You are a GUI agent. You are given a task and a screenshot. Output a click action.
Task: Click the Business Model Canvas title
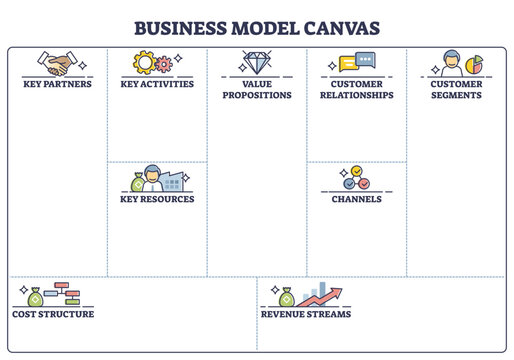pyautogui.click(x=257, y=26)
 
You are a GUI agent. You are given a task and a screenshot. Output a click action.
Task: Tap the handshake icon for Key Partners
pyautogui.click(x=56, y=64)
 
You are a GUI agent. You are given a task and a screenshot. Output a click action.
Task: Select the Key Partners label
pyautogui.click(x=57, y=84)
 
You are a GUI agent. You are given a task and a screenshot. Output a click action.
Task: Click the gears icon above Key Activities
pyautogui.click(x=156, y=64)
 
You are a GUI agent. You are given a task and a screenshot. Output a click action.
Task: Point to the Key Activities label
pyautogui.click(x=157, y=84)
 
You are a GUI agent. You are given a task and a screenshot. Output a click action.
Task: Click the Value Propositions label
pyautogui.click(x=257, y=90)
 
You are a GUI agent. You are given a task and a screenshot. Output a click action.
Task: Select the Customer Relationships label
pyautogui.click(x=357, y=90)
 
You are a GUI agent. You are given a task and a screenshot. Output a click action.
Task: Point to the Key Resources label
pyautogui.click(x=157, y=199)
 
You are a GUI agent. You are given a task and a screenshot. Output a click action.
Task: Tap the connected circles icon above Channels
pyautogui.click(x=356, y=179)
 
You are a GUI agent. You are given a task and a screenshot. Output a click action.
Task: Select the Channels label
pyautogui.click(x=357, y=199)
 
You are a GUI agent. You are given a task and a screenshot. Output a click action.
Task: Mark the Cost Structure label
pyautogui.click(x=53, y=314)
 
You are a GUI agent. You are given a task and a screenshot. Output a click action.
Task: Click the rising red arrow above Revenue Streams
pyautogui.click(x=324, y=294)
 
